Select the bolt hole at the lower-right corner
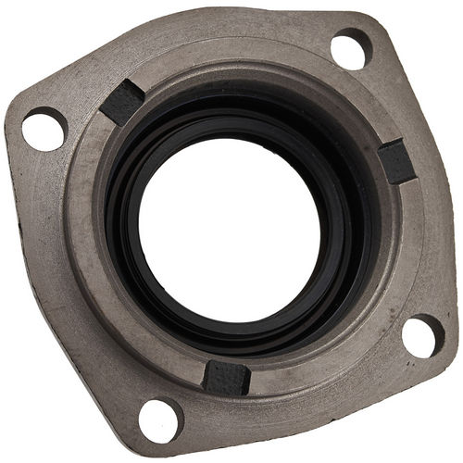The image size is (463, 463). tap(423, 335)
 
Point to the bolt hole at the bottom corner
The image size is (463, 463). tap(160, 419)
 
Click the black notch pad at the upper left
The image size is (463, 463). tap(122, 101)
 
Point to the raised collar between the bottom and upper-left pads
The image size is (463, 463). tap(102, 278)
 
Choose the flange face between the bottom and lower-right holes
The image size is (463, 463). tap(306, 407)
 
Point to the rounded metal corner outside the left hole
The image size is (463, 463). tap(14, 120)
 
